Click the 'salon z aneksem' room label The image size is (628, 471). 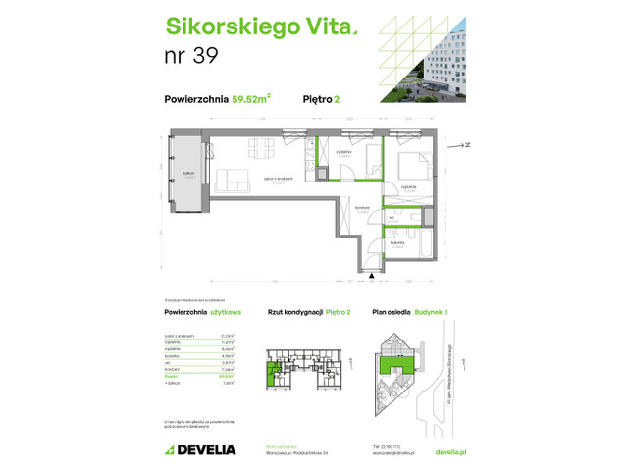tap(278, 179)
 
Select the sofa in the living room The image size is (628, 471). tap(233, 181)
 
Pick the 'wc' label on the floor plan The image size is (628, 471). tap(391, 217)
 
